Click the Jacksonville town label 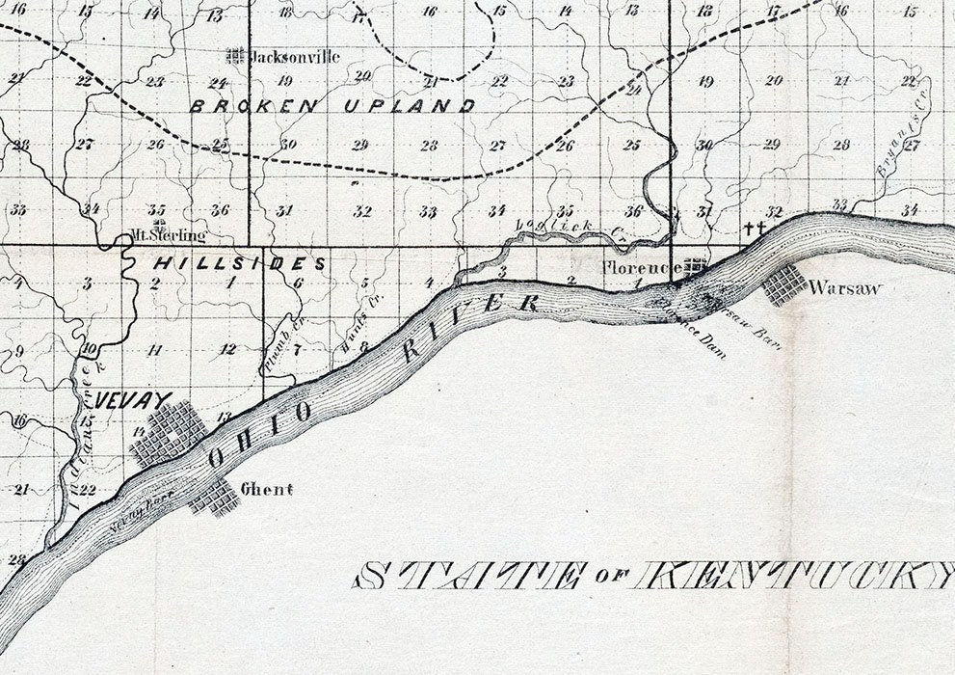click(x=295, y=57)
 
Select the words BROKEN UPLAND click(x=332, y=106)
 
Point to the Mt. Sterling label click(x=169, y=235)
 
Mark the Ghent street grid click(x=214, y=497)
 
